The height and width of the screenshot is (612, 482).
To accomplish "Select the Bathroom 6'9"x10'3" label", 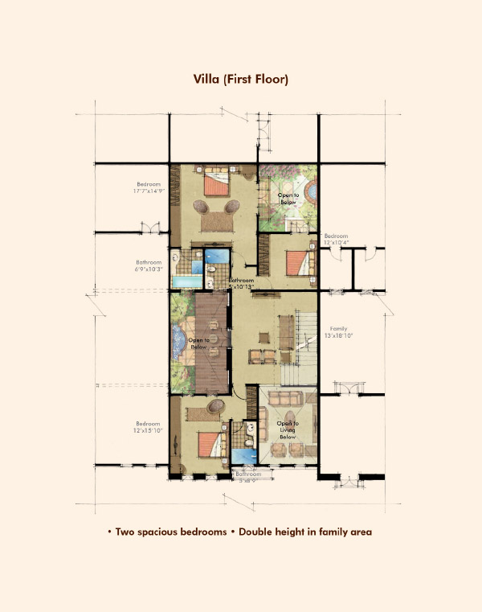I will (x=149, y=265).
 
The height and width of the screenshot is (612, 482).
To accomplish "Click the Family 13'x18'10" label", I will (x=338, y=332).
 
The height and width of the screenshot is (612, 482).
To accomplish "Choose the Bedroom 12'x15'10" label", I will (x=148, y=427).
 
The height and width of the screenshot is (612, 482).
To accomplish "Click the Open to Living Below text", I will (x=288, y=432).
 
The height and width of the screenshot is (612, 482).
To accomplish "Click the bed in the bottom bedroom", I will (x=210, y=442).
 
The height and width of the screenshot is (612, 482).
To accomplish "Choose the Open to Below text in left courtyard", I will (x=200, y=343).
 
